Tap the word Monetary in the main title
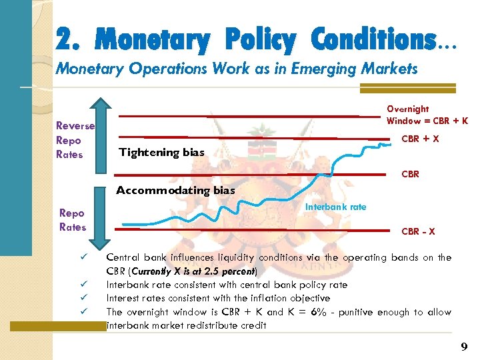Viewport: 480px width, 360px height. pos(152,41)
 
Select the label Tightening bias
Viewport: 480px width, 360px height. pos(161,152)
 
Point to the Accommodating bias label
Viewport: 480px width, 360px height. pos(175,190)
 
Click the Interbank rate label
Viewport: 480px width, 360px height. pos(335,207)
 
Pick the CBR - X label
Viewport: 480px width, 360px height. pos(418,231)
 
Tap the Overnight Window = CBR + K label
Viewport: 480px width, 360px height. pos(427,115)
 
